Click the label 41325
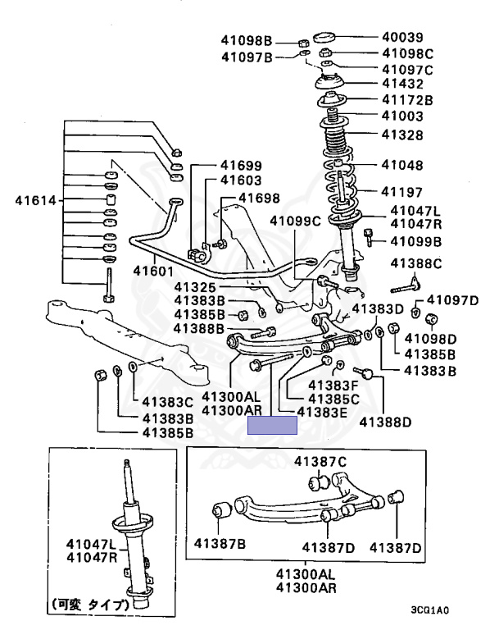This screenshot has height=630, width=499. [x=195, y=287]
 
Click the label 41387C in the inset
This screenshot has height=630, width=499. [x=320, y=461]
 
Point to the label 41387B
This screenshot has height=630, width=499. [x=220, y=543]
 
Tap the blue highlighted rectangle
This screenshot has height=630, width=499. [x=272, y=425]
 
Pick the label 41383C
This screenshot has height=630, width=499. [x=167, y=402]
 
